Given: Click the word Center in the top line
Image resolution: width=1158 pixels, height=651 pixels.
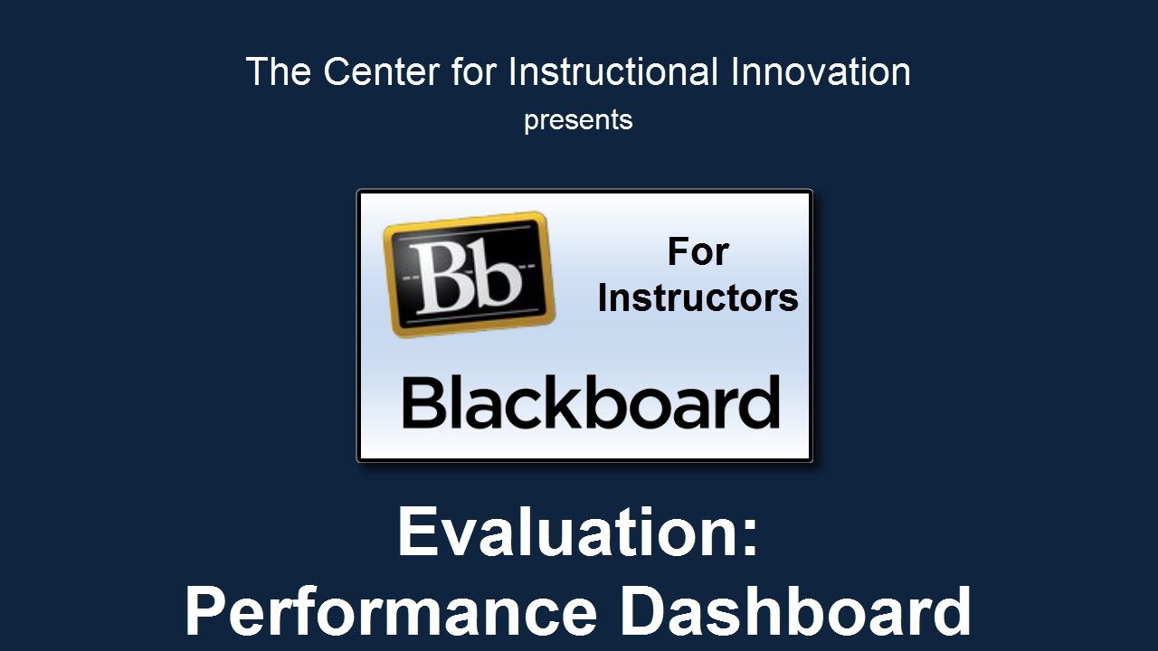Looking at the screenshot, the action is click(382, 71).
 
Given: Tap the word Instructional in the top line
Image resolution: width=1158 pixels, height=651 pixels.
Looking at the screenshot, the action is click(613, 71).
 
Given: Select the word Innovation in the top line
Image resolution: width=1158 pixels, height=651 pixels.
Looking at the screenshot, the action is click(821, 71).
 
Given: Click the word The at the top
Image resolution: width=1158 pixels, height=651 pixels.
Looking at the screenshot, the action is click(279, 71).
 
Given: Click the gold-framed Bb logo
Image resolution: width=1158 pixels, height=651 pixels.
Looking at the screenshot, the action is click(469, 274).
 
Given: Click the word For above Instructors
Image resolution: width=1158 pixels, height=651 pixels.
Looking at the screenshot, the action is click(698, 252).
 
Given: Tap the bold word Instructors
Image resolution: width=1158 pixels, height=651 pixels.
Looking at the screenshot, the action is click(698, 298).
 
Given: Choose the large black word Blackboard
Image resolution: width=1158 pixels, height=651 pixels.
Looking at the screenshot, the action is click(591, 401).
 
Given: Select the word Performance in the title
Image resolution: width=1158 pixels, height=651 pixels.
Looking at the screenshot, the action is click(392, 610).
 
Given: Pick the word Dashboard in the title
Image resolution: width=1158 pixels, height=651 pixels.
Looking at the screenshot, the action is click(795, 610).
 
